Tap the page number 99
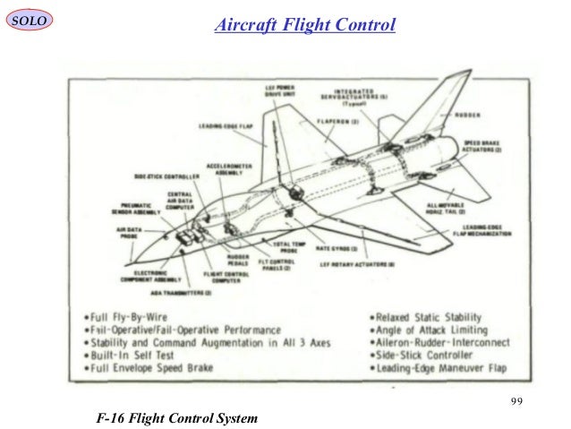tap(513, 399)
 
